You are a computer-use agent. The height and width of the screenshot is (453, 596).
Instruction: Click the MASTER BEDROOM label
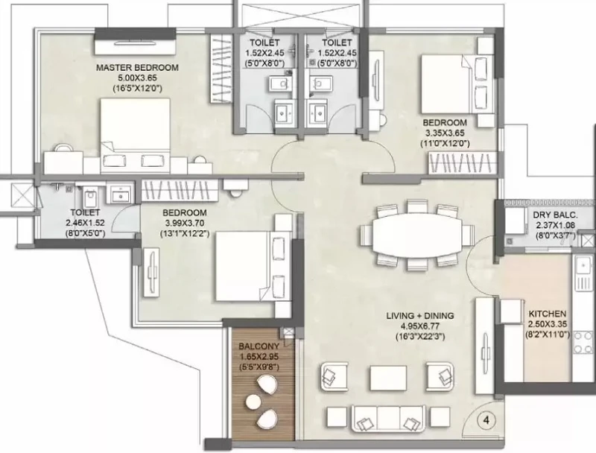coord(137,68)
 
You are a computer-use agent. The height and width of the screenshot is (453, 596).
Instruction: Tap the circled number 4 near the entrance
coord(486,420)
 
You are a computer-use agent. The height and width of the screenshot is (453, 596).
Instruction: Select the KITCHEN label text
coord(548,314)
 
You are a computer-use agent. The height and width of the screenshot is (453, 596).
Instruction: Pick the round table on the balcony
coord(253,401)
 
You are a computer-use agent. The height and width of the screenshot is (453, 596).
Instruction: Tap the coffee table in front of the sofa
coord(388,378)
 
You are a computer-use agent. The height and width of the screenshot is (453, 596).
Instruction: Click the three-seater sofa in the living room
coord(388,418)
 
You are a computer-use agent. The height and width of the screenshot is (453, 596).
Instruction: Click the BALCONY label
coord(259,346)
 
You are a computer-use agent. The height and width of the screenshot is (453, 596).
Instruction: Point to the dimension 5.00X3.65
coord(137,78)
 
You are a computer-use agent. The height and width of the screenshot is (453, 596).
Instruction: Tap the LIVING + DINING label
coord(420,316)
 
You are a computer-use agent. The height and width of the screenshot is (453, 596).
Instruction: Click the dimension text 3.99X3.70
coord(184,223)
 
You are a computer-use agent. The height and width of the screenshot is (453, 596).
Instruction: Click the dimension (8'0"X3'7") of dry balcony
coord(555,235)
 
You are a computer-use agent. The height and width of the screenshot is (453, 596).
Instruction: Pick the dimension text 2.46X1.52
coord(85,223)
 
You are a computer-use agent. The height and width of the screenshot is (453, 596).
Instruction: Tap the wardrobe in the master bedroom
coord(221,68)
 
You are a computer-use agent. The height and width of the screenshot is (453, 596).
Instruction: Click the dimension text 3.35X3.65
coord(445,133)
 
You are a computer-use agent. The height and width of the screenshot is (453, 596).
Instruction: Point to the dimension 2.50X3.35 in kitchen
coord(548,324)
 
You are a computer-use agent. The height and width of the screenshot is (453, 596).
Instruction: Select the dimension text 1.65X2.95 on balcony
coord(259,357)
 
